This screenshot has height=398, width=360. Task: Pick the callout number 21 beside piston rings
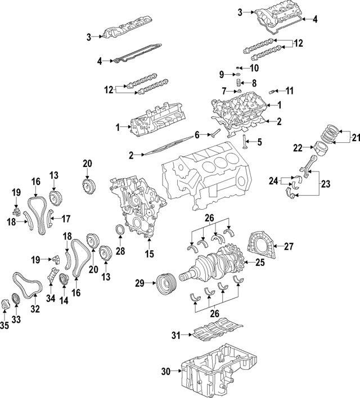tap(354, 137)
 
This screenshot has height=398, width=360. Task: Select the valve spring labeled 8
tap(238, 84)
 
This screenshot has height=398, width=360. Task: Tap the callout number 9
tap(222, 74)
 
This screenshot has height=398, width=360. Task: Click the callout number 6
tap(197, 135)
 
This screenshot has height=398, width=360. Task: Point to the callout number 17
tap(66, 219)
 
